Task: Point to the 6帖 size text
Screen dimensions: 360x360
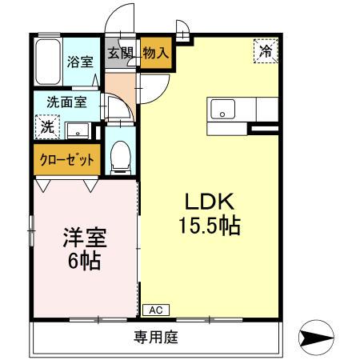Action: coord(85,261)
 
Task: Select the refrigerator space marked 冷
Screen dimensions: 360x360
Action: coord(266,51)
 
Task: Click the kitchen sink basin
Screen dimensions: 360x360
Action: coord(222,110)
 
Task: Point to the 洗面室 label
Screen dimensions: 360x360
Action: coord(66,102)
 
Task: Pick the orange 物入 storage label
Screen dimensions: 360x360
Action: coord(156,54)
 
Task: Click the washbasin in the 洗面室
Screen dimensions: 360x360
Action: coord(77,129)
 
